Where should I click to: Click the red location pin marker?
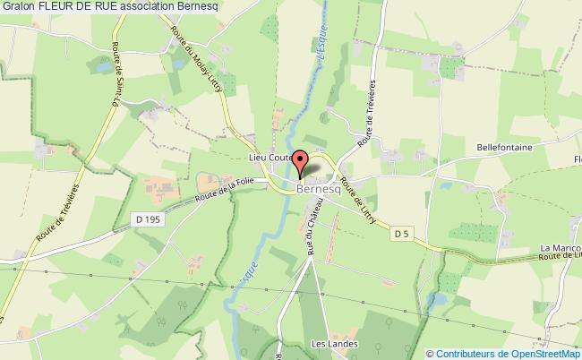point(302,161)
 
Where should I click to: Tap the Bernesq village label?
point(317,190)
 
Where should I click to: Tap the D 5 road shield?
point(402,234)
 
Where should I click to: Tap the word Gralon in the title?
point(19,7)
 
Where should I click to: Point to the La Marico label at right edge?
point(556,248)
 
